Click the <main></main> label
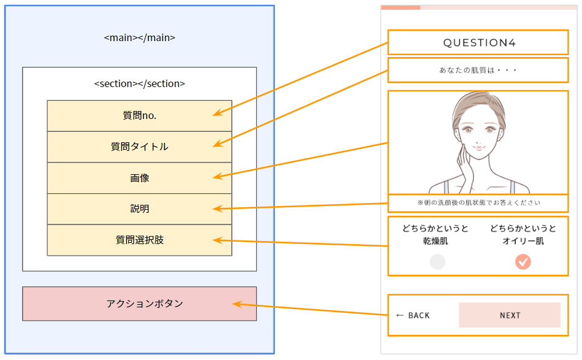139,37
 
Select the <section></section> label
139,83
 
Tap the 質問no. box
139,115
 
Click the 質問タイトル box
139,147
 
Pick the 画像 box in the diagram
139,178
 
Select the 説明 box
139,209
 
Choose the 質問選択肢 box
139,240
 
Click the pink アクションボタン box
139,304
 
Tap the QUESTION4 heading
479,42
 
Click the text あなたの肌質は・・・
479,71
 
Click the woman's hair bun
475,98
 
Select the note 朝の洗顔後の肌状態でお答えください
479,202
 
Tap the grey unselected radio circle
437,262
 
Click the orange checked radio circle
523,262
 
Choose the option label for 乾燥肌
435,235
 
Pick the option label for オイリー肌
523,235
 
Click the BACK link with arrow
413,315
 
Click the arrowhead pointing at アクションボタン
235,304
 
